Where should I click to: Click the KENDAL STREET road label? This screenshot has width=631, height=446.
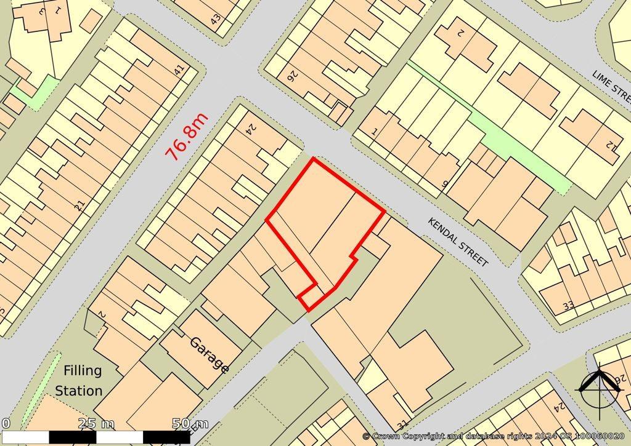pyautogui.click(x=458, y=242)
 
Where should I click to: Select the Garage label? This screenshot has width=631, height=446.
pyautogui.click(x=210, y=355)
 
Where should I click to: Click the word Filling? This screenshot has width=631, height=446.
pyautogui.click(x=82, y=370)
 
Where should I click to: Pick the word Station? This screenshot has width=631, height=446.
pyautogui.click(x=79, y=391)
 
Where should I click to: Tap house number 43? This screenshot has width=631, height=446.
pyautogui.click(x=215, y=18)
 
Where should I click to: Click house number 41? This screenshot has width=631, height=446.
pyautogui.click(x=179, y=70)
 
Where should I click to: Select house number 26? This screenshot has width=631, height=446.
pyautogui.click(x=291, y=76)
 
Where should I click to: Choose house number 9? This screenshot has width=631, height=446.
pyautogui.click(x=445, y=184)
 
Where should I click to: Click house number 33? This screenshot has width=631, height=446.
pyautogui.click(x=568, y=305)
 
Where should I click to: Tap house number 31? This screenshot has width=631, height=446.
pyautogui.click(x=403, y=425)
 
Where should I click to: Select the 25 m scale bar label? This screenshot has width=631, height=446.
pyautogui.click(x=96, y=423)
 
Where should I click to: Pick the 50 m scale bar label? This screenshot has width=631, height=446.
pyautogui.click(x=190, y=423)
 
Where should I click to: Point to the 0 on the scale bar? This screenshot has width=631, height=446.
pyautogui.click(x=6, y=423)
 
